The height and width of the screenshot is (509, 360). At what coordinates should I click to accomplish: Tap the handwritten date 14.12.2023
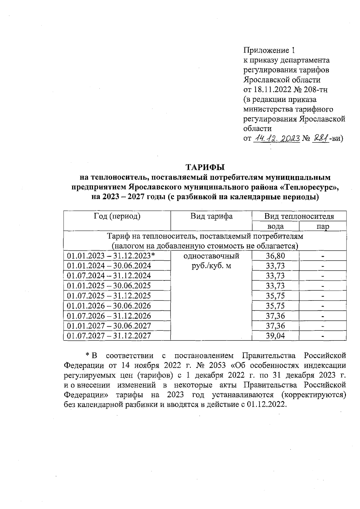[x=277, y=138]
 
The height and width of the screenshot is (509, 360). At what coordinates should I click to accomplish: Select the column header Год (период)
[x=117, y=216]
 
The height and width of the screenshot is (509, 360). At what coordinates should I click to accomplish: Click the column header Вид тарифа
[x=211, y=216]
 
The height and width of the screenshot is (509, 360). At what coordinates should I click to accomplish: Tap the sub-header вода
[x=275, y=226]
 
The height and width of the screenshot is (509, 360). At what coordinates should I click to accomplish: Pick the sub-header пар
[x=323, y=226]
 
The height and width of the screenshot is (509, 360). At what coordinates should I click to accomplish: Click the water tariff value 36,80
[x=275, y=256]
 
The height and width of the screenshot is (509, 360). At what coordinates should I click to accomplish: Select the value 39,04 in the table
[x=275, y=336]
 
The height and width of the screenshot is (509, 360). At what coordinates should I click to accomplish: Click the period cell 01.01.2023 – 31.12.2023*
[x=111, y=256]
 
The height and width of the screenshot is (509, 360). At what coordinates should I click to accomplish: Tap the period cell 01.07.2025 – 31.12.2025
[x=109, y=296]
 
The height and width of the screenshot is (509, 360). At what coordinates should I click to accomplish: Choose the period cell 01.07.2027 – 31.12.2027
[x=109, y=336]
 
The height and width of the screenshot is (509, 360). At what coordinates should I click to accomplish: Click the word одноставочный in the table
[x=211, y=256]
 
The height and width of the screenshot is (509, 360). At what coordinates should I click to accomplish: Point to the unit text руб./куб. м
[x=211, y=266]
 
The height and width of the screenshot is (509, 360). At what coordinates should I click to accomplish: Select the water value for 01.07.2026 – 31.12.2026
[x=275, y=316]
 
